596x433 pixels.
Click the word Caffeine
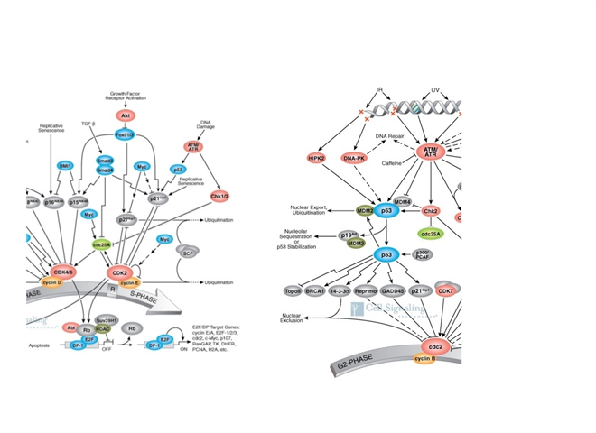coord(390,163)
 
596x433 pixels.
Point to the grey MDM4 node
coord(402,202)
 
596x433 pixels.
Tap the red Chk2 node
coord(432,212)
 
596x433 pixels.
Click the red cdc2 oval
coord(432,346)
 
